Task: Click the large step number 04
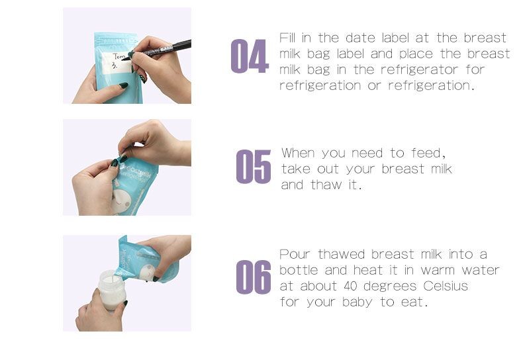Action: (249, 57)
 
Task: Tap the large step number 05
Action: (254, 167)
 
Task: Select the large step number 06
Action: (254, 277)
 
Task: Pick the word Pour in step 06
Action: (295, 255)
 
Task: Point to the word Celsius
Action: (444, 287)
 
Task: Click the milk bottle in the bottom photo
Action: (112, 291)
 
